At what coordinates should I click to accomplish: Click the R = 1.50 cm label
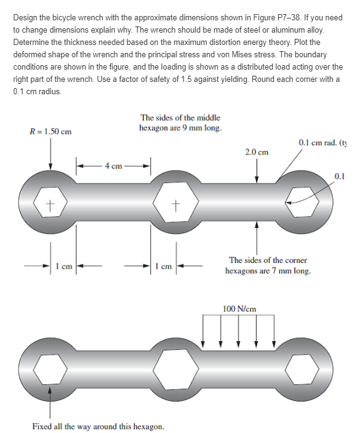click(x=50, y=131)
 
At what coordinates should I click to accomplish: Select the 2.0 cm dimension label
click(x=256, y=152)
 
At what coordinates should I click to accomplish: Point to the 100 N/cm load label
click(x=239, y=308)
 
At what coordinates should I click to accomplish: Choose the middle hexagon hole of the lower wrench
click(x=177, y=370)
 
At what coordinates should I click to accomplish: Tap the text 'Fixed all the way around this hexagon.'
click(x=98, y=426)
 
